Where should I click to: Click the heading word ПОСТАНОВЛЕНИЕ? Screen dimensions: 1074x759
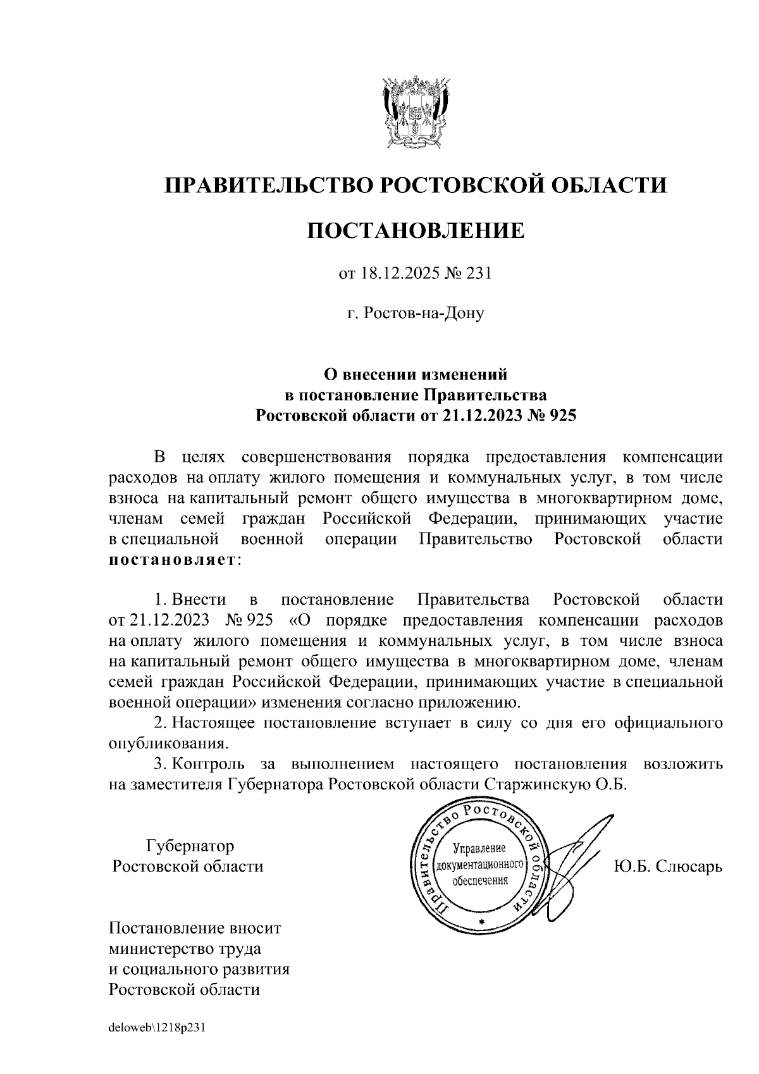coord(416,231)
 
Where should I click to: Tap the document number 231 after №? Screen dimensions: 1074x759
coord(479,275)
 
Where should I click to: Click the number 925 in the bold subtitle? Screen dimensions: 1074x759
coord(563,416)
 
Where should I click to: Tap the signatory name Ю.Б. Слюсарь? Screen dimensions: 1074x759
coord(668,866)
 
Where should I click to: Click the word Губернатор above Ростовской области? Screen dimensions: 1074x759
coord(190,846)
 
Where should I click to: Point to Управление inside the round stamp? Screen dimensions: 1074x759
coord(479,848)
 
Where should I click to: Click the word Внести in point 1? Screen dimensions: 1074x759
coord(199,599)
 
